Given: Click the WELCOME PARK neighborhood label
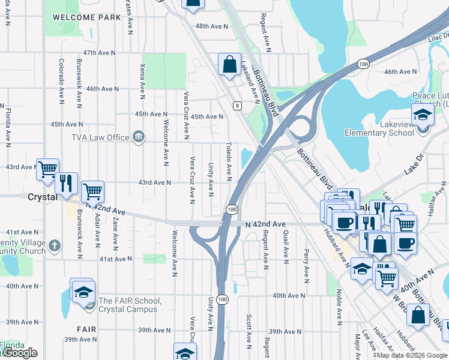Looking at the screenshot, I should tap(87, 17).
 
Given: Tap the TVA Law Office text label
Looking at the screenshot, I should tap(100, 137).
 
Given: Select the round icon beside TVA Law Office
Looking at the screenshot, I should tap(139, 137).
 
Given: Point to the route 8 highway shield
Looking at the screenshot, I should tap(238, 106).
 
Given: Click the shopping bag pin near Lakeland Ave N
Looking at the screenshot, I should tap(229, 64).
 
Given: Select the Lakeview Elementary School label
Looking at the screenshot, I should tap(379, 133).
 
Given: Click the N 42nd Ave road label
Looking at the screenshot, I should tap(266, 224).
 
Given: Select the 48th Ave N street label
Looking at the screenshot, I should tap(212, 26).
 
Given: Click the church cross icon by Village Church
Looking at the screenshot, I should tap(54, 245).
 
